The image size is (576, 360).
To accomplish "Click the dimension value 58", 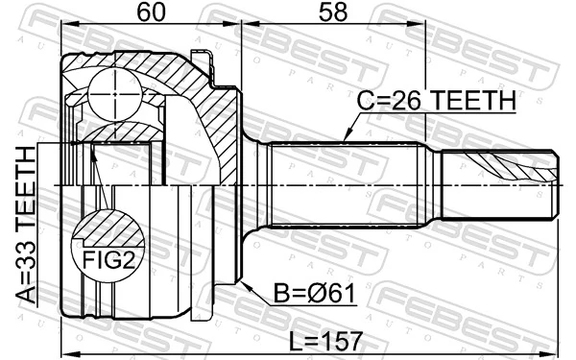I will click(331, 12).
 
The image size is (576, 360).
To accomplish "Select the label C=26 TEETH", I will click(437, 100).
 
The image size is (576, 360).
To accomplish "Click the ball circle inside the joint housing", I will click(115, 87).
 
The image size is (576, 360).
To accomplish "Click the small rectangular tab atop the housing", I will click(200, 59).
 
